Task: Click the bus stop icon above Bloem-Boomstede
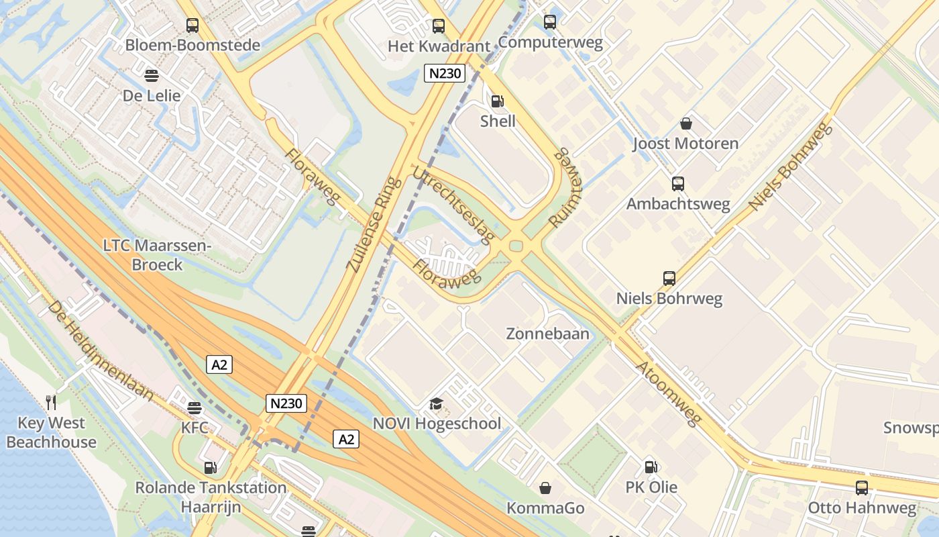(192, 26)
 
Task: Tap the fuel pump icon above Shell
(498, 101)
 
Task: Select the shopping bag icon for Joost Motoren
(686, 124)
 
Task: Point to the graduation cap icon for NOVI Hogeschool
(437, 403)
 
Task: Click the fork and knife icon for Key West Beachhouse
(51, 402)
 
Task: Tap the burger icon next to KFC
(195, 408)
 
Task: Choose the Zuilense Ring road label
(374, 224)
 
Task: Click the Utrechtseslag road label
(453, 204)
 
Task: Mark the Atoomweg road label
(668, 393)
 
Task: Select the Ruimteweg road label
(567, 187)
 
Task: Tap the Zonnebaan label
(547, 334)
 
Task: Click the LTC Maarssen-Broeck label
(157, 255)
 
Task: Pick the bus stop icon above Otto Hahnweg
(862, 488)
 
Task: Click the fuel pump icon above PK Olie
(651, 467)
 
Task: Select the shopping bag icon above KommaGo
(546, 488)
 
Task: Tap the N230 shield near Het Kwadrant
(445, 73)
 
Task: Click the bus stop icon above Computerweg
(550, 22)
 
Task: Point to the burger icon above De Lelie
(152, 75)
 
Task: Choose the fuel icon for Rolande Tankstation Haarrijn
(210, 467)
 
